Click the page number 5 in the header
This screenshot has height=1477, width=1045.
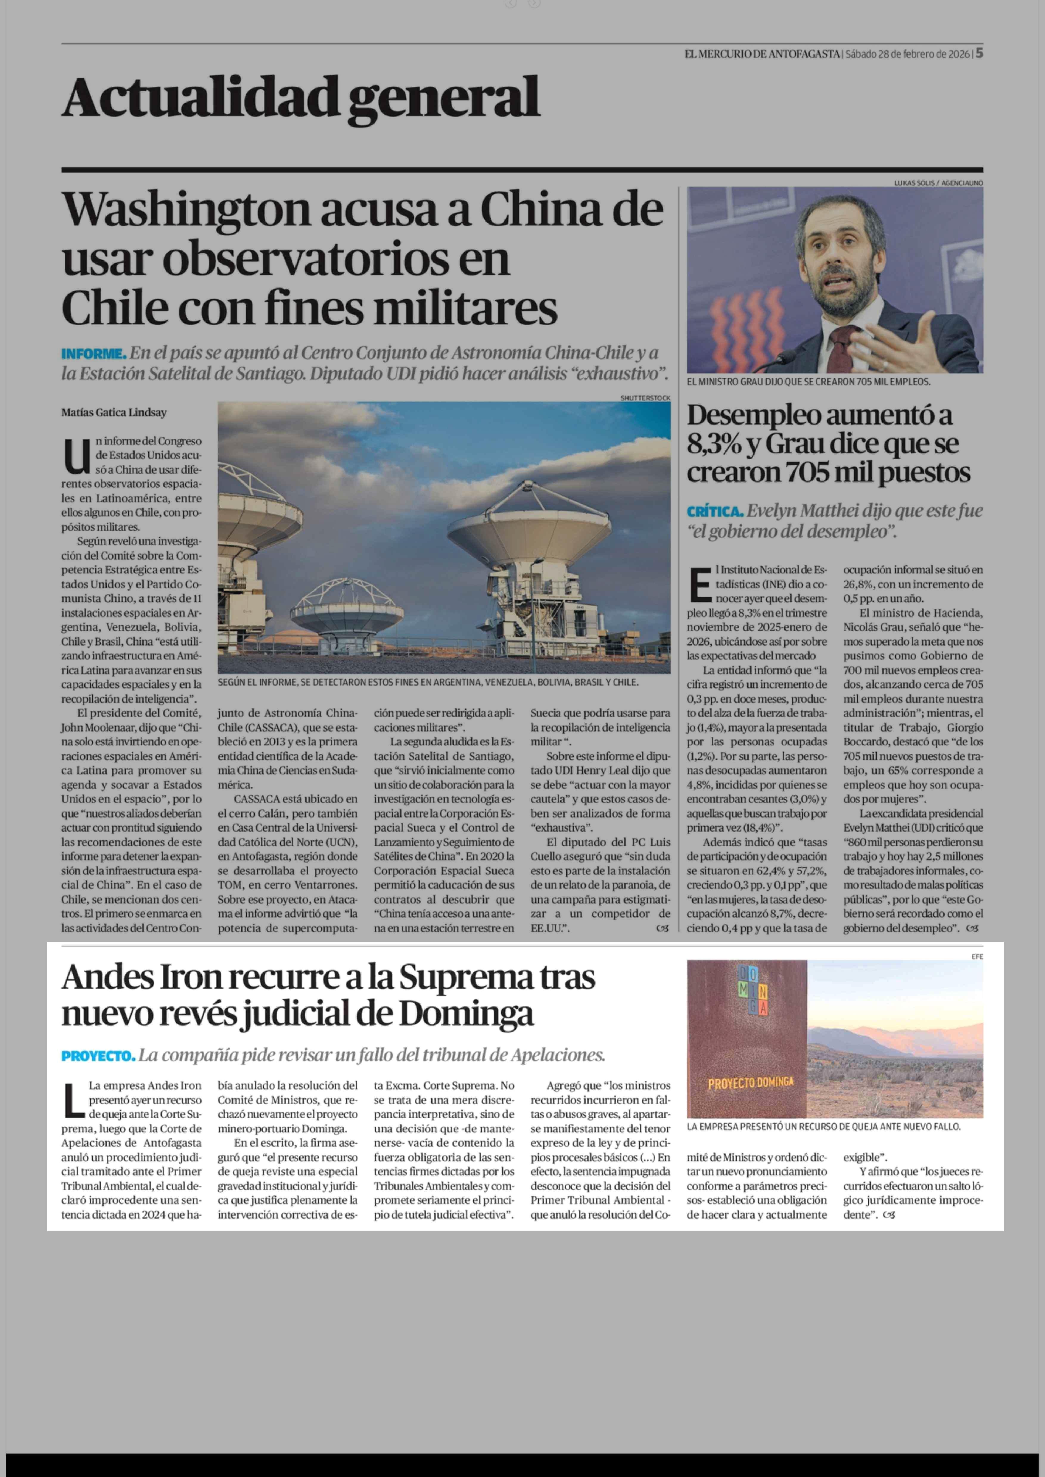(x=979, y=53)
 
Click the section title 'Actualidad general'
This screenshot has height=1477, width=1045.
(x=301, y=98)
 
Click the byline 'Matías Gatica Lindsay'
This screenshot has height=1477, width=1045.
(x=114, y=413)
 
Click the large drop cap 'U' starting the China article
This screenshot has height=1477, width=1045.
(x=77, y=456)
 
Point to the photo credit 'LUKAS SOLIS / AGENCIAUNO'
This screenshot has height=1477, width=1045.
(x=938, y=183)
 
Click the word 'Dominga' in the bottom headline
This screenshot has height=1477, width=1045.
(x=466, y=1014)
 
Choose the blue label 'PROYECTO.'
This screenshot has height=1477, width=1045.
(x=98, y=1056)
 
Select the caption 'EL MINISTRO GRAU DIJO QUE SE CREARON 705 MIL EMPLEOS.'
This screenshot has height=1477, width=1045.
(x=808, y=382)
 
